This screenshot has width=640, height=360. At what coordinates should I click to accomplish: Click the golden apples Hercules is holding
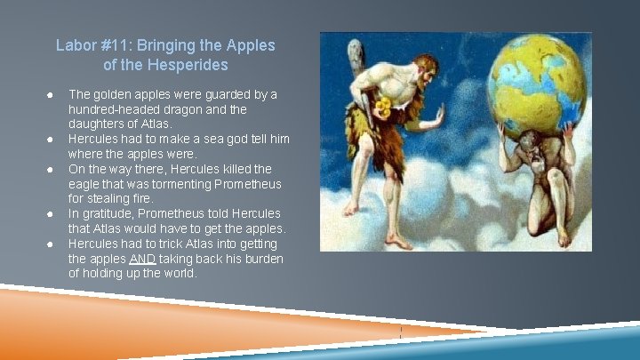384,108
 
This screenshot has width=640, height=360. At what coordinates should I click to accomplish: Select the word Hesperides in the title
187,65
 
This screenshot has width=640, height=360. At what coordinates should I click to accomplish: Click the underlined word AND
142,259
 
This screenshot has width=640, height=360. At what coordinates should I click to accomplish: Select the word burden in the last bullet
262,259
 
